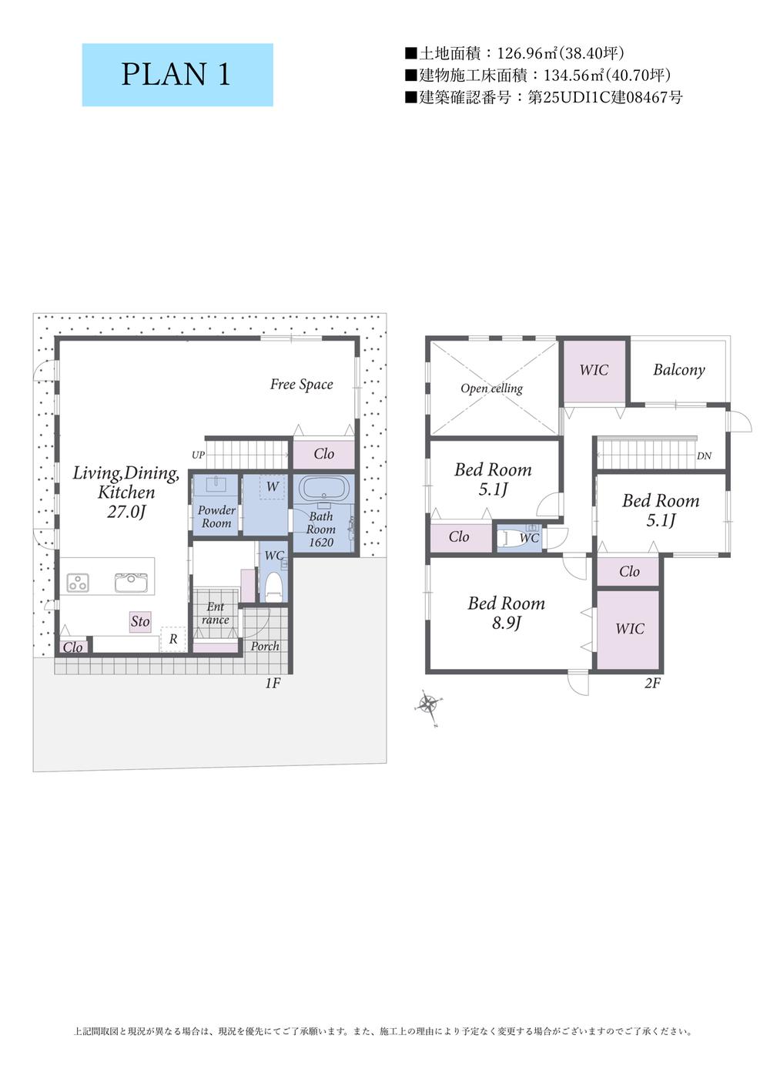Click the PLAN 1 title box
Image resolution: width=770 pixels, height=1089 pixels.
point(177,75)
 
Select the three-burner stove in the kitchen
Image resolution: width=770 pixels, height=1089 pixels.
point(78,583)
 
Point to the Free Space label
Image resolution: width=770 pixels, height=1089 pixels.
point(302,385)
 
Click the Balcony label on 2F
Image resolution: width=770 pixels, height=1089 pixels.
point(678,370)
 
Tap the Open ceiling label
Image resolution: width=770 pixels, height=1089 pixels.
point(491,388)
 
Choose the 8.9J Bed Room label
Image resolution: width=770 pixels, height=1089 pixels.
point(506,613)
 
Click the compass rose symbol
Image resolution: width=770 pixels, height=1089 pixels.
point(428,703)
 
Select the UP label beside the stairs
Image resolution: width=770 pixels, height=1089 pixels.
point(198,455)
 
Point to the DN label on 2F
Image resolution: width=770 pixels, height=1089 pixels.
point(704,456)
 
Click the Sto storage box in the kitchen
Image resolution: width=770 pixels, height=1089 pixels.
point(140,621)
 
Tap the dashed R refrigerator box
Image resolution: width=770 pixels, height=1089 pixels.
point(173,640)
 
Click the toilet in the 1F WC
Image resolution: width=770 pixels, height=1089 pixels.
point(274,587)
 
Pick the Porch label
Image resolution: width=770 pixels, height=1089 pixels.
point(265,646)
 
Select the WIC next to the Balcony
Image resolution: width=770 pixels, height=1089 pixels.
point(594,371)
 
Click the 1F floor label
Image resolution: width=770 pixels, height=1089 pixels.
point(273,683)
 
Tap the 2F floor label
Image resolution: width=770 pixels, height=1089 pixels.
point(652,683)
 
